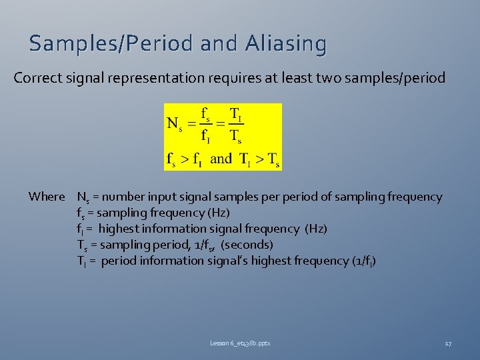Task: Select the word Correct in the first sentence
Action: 37,78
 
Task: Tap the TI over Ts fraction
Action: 236,124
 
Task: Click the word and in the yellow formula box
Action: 221,159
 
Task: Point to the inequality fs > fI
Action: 185,159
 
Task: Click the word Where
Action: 47,197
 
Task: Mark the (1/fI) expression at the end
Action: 363,261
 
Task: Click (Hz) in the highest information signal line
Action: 315,229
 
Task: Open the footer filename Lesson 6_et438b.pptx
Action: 240,343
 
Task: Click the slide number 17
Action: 448,343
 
